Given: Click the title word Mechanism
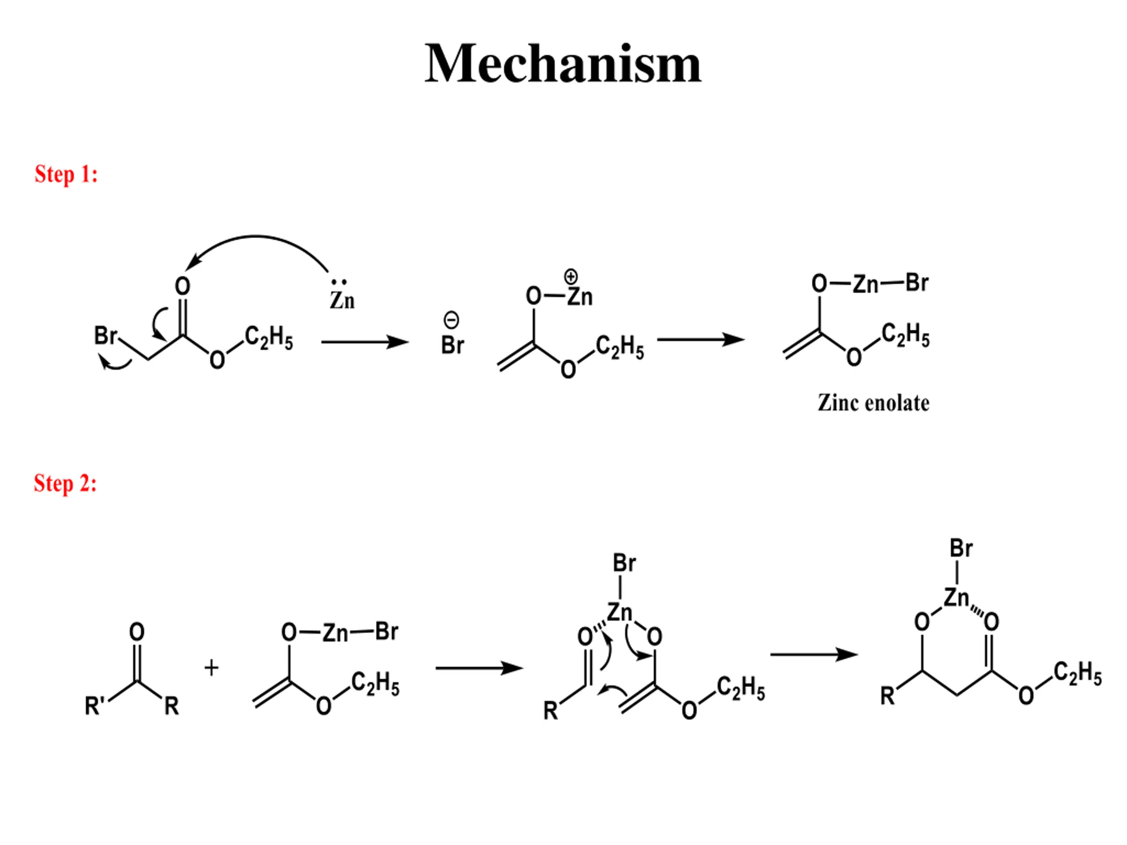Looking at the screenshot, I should (563, 64).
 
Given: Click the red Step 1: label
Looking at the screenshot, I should (66, 174).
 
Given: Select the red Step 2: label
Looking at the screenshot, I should (65, 483).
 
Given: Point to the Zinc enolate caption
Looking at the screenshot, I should (873, 403).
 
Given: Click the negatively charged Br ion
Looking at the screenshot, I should (453, 345).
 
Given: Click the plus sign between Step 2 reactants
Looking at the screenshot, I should (211, 667).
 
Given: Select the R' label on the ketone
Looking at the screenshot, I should (95, 706).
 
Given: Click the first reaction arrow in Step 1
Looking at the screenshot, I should (365, 342).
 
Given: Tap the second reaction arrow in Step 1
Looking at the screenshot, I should (700, 339).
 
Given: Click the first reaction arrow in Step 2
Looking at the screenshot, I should (479, 668).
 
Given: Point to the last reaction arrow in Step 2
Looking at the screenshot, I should (814, 654).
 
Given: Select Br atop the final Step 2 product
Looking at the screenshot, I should (961, 548).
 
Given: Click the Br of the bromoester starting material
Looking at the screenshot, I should (106, 336).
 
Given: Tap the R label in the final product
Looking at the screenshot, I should (887, 696).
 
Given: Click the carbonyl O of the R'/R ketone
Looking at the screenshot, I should (136, 632).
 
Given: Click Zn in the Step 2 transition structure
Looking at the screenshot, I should (619, 612).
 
